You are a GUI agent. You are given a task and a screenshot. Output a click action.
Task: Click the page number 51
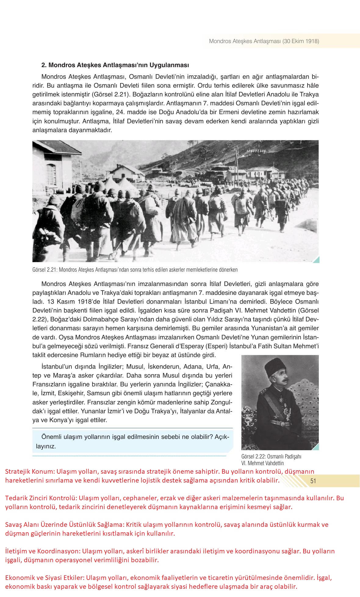[313, 481]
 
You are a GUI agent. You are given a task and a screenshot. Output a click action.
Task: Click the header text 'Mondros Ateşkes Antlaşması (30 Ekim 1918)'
[264, 41]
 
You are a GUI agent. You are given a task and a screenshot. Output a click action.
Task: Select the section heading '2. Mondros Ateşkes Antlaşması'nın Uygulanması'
[115, 65]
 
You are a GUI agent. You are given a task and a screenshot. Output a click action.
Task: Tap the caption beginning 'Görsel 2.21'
[135, 270]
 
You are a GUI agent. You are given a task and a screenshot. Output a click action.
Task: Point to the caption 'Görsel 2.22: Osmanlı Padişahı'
[271, 457]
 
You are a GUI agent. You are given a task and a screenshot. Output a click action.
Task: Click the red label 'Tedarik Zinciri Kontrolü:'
[41, 498]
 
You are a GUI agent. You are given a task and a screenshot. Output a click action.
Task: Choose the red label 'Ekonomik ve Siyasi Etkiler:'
[45, 578]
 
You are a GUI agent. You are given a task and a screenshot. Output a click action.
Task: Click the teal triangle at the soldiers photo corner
[316, 260]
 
